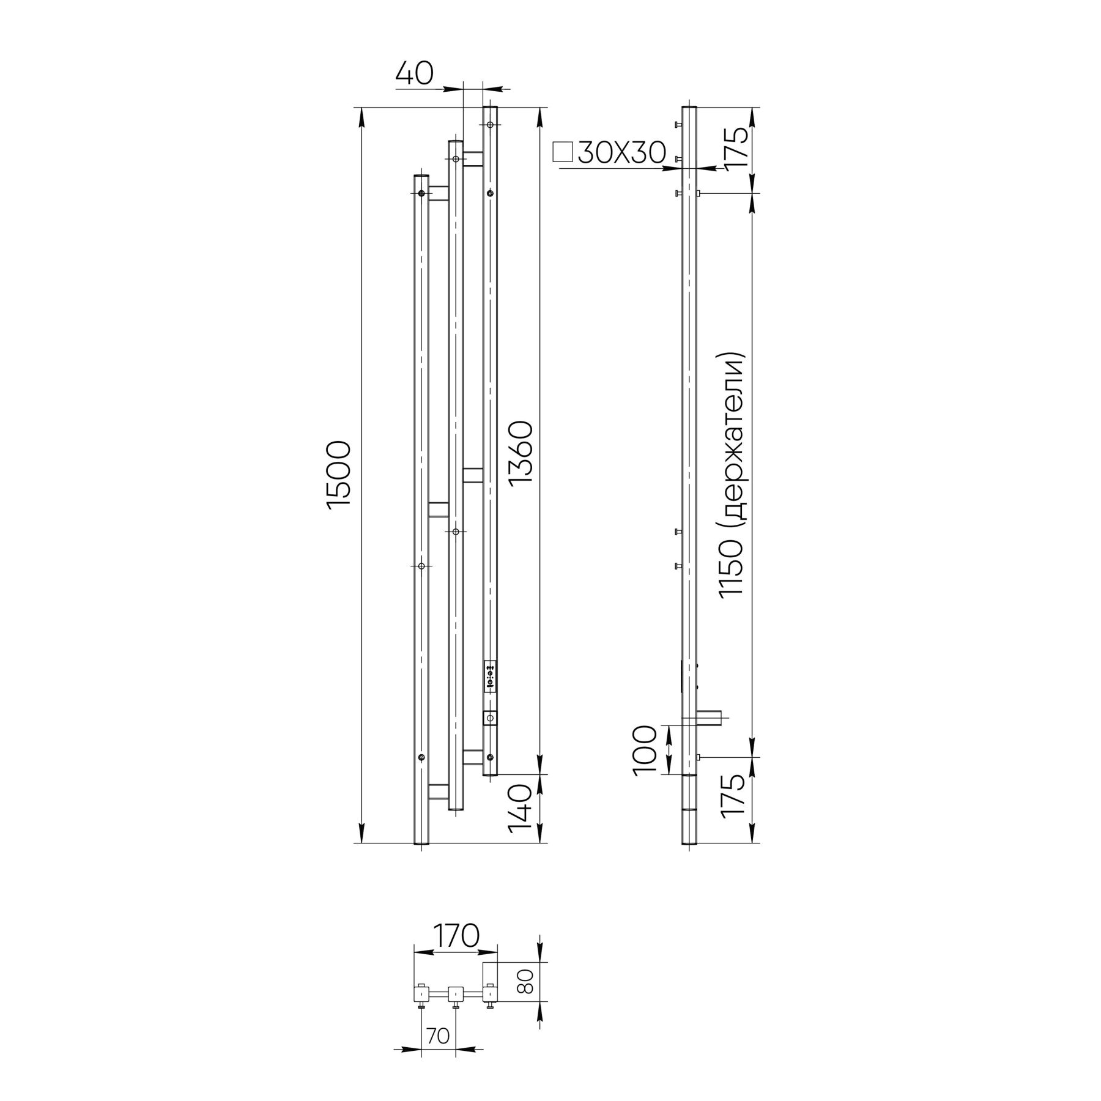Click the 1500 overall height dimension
(339, 474)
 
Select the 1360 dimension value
(522, 452)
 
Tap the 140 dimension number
(522, 811)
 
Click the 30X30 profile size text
(621, 153)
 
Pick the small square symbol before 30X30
(562, 152)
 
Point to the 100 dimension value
(646, 750)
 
